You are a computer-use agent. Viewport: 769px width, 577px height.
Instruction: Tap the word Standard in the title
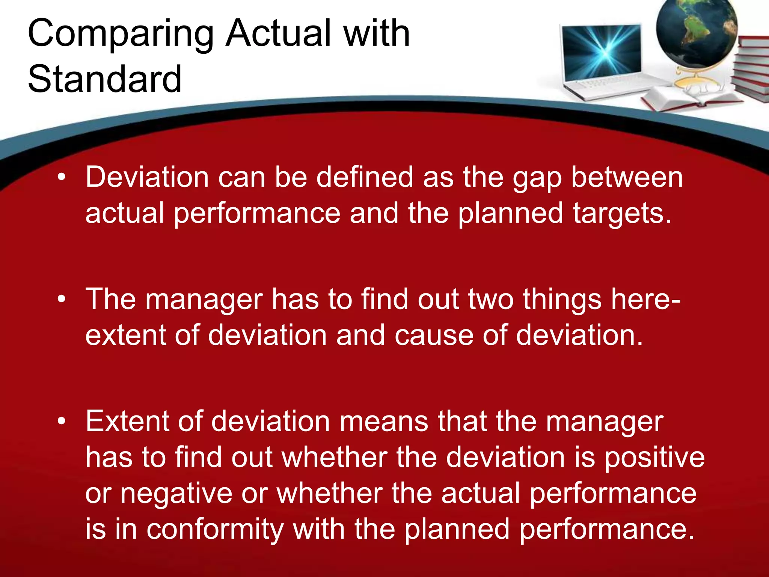pos(105,79)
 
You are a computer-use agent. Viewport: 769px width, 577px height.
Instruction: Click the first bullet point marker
pos(62,177)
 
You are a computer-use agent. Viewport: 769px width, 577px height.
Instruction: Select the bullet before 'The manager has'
pos(62,299)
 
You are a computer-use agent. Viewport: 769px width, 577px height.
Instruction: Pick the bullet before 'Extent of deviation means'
pos(62,421)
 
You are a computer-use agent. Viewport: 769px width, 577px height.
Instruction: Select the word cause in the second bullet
pos(434,335)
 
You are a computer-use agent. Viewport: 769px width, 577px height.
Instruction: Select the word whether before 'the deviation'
pos(335,458)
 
